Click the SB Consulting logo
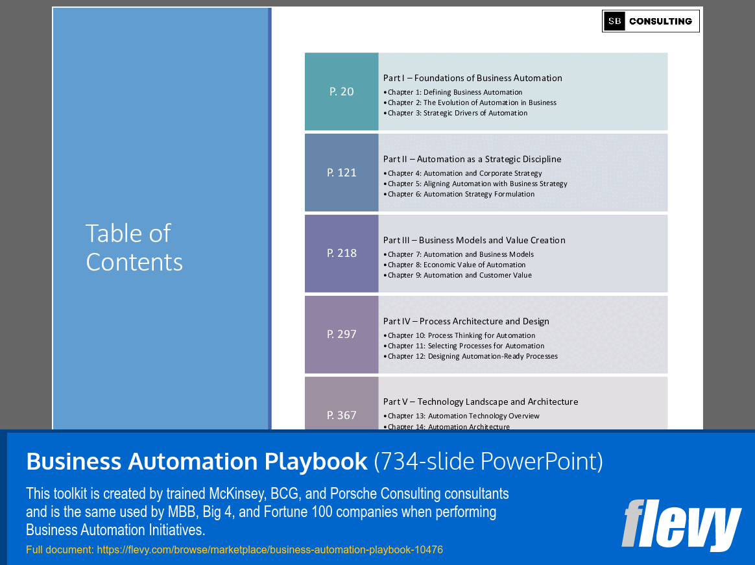(651, 21)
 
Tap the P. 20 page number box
(342, 91)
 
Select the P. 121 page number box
(342, 173)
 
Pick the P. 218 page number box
(342, 253)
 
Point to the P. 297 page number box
(342, 334)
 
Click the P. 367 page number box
(342, 415)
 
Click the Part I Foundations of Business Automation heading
(472, 78)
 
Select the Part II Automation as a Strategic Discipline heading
(472, 159)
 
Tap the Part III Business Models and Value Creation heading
(474, 240)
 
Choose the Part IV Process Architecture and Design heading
(466, 321)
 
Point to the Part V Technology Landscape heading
(480, 402)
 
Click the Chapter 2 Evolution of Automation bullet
(472, 102)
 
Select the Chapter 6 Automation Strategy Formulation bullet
(461, 194)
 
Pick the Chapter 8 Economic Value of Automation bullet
(456, 265)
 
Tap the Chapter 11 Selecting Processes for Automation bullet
(466, 346)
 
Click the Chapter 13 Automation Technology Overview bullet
(463, 416)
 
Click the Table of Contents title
(134, 247)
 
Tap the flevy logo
(681, 524)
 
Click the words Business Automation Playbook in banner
(197, 461)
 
